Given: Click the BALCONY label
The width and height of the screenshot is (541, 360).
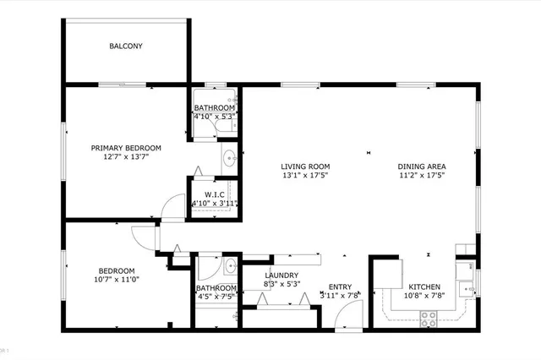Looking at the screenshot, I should point(126,46).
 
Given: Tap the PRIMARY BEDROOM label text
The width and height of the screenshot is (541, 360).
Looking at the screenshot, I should point(126,147).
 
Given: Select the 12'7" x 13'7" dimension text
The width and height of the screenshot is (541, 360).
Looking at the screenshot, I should point(126,157).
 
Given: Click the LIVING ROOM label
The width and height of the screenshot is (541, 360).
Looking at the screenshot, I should point(306,166).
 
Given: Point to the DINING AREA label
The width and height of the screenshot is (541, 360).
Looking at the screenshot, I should point(422,166).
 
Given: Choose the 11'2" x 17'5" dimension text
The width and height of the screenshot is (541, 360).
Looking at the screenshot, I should point(422,176).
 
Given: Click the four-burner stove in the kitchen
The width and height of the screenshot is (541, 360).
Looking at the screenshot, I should point(428,318).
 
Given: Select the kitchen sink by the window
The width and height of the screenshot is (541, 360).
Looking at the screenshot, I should point(464,289).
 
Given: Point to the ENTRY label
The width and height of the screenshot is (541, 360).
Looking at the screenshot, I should point(340,286).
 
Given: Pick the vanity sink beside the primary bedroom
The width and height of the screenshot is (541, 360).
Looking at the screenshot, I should point(229,157).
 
